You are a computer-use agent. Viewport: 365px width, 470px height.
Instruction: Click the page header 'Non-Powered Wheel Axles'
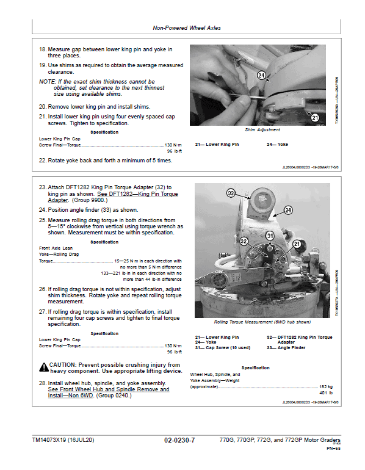coord(186,28)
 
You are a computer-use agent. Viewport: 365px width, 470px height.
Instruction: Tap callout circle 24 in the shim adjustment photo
coord(262,76)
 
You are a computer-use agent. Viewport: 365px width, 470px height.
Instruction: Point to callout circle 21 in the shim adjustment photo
coord(315,118)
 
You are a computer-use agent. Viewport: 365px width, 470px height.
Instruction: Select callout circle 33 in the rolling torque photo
coord(231,193)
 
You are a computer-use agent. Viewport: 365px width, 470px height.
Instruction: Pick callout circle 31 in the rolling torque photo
coord(270,236)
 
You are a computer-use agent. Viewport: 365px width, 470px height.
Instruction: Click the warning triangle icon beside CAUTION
coord(44,367)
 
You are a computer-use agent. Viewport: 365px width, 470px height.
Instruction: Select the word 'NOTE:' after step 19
coord(47,81)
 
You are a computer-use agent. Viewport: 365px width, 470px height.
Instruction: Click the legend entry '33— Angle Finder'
coord(287,348)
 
